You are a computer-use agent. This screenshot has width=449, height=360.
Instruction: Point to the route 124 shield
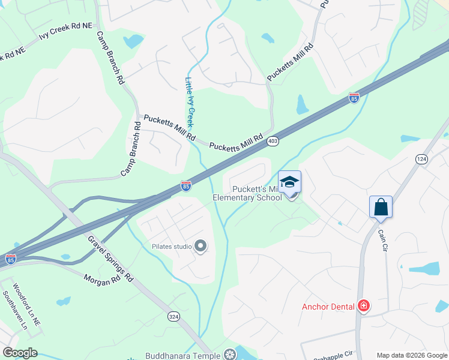tap(421, 158)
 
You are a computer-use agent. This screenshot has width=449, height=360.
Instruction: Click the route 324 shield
tap(173, 316)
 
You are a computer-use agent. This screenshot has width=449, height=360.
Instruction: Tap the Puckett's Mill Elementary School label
tap(247, 193)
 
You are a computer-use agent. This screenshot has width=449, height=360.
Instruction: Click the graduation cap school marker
tap(289, 182)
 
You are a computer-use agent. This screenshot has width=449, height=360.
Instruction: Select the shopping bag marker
tap(381, 208)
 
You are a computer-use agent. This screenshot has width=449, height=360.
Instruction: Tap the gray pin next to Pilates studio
tap(201, 246)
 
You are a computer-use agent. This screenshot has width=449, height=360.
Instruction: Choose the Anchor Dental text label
tap(328, 307)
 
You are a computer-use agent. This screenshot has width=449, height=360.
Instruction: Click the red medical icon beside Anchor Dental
tap(363, 306)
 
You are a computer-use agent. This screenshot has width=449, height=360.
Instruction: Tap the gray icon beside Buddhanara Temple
tap(229, 355)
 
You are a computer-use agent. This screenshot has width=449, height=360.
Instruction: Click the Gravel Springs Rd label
tap(110, 257)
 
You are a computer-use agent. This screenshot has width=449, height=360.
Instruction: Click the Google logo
tap(20, 353)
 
